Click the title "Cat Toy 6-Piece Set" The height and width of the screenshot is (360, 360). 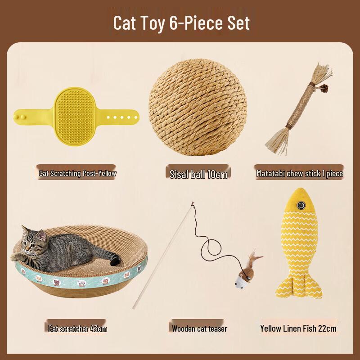pos(181,23)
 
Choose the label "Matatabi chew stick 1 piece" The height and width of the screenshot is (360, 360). pos(299,173)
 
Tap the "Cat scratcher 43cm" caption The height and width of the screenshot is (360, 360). pos(77,328)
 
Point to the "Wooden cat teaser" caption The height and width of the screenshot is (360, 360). pos(199,328)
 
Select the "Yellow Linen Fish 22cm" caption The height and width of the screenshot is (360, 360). pos(298,328)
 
